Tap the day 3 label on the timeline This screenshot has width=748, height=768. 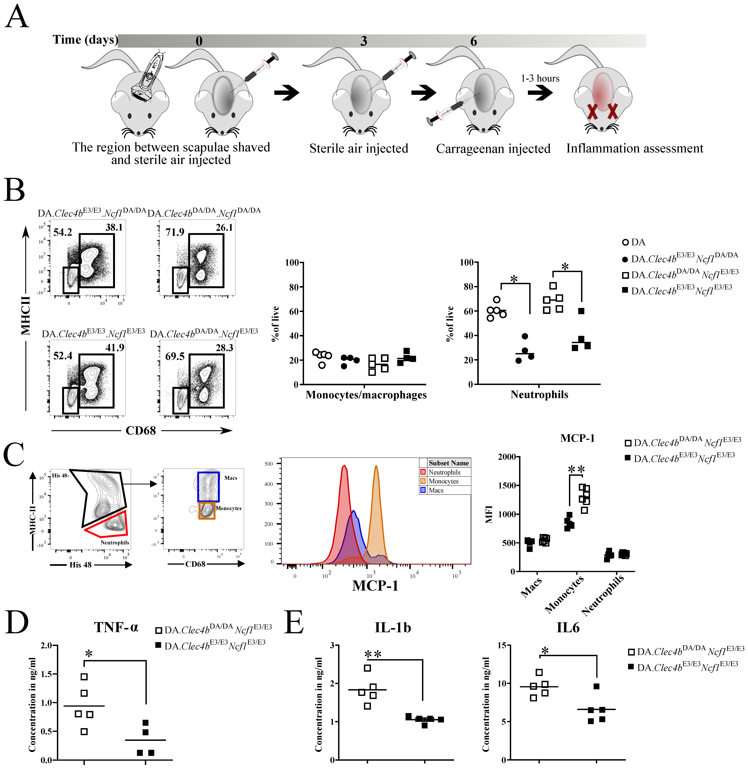(x=364, y=41)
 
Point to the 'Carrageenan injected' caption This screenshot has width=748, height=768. (x=493, y=149)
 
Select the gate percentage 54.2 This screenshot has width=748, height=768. (x=63, y=232)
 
